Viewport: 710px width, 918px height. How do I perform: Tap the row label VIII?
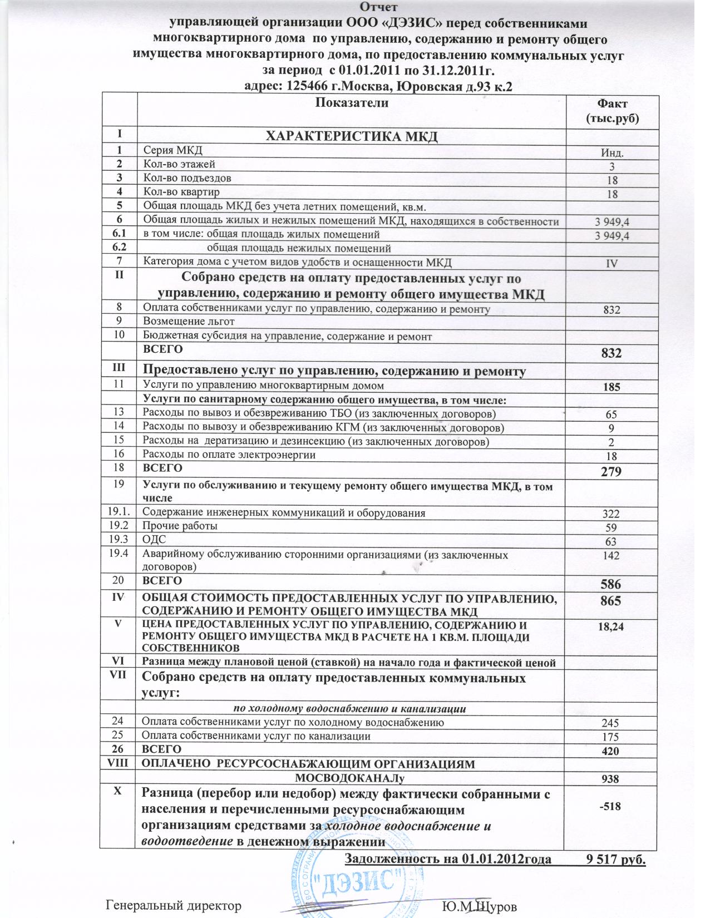117,763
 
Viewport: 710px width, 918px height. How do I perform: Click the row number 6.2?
118,246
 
